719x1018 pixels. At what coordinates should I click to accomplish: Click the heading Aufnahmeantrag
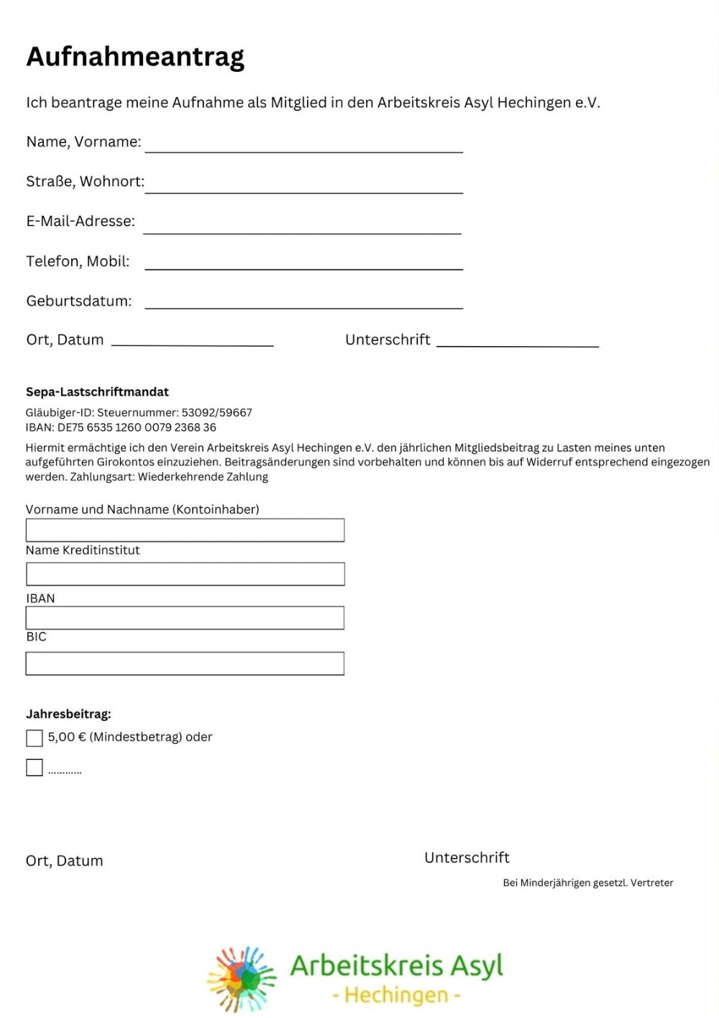[135, 57]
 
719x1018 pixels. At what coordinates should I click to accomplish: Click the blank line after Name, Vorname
[303, 146]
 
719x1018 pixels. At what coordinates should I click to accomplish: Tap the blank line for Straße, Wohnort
[303, 186]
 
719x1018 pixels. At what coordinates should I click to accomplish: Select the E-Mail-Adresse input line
[302, 227]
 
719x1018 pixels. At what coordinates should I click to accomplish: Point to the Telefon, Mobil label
[78, 261]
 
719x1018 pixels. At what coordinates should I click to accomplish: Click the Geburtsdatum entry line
[303, 302]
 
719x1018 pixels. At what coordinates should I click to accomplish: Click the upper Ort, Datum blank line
[192, 340]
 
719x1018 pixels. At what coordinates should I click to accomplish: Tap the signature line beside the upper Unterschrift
[517, 341]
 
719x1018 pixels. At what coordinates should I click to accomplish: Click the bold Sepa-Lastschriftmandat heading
[97, 392]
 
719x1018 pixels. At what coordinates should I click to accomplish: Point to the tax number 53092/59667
[216, 413]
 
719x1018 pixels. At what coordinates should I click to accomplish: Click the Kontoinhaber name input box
[185, 530]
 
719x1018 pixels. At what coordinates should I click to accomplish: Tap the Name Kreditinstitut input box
[185, 574]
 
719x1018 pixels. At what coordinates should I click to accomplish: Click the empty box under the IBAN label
[185, 618]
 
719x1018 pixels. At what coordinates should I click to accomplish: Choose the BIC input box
[185, 663]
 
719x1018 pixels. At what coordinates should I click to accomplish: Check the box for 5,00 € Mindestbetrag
[35, 738]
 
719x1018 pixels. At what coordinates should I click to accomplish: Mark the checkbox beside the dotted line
[35, 768]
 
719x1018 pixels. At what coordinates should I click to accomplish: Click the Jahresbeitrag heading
[68, 714]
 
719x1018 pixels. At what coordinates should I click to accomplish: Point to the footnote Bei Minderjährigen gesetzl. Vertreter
[587, 883]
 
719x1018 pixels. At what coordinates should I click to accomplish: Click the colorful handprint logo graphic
[242, 978]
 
